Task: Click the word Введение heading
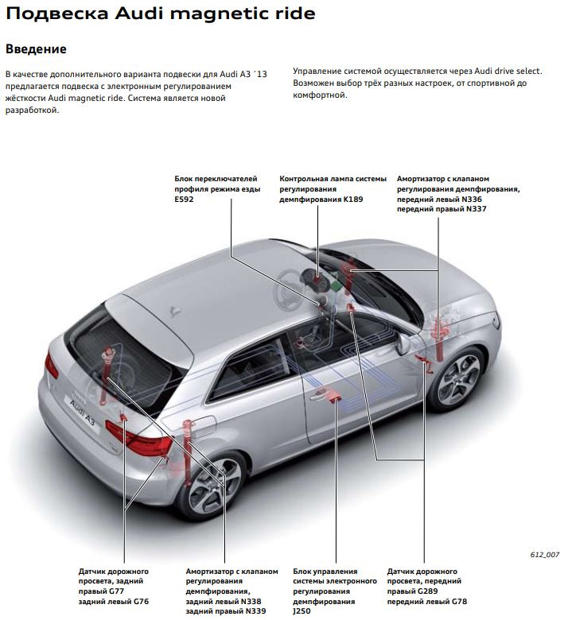36,48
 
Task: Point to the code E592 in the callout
184,199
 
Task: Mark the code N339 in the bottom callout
255,611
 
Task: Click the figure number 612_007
545,553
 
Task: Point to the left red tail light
52,366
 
